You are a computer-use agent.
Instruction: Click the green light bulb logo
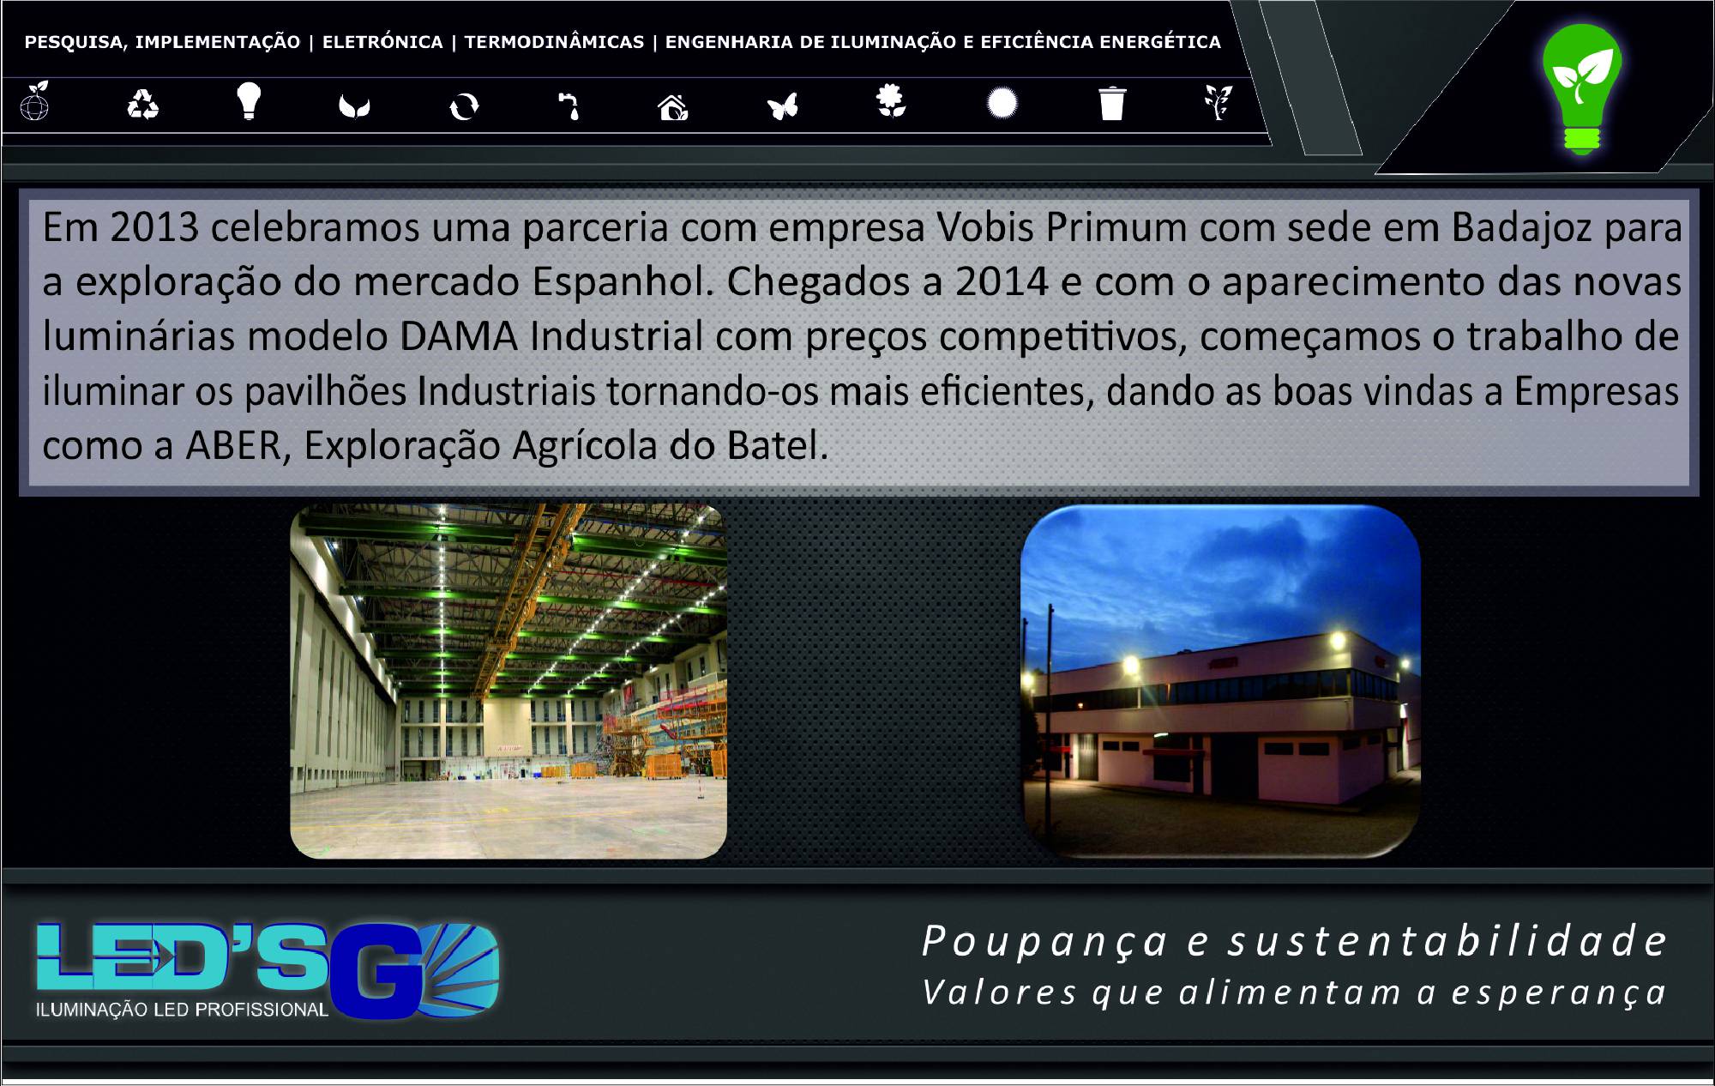[x=1582, y=87]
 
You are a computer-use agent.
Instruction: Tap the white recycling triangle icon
[x=143, y=105]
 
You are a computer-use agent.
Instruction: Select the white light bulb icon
[x=249, y=100]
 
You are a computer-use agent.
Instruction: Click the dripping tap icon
[x=569, y=106]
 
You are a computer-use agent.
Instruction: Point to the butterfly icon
[x=783, y=106]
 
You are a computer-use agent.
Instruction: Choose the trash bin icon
[x=1111, y=103]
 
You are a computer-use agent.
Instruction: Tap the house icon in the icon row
[x=673, y=107]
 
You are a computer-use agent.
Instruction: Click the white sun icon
[x=1002, y=104]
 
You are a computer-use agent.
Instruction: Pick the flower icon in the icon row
[x=891, y=100]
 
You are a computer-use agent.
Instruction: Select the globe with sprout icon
[x=34, y=101]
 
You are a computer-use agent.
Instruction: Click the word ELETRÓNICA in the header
[x=382, y=42]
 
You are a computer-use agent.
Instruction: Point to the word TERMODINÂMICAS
[x=554, y=42]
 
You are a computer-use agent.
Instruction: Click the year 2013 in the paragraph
[x=154, y=228]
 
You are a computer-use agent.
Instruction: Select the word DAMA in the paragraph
[x=458, y=336]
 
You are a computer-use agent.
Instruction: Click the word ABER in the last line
[x=234, y=446]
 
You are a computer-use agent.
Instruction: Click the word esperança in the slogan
[x=1559, y=993]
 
